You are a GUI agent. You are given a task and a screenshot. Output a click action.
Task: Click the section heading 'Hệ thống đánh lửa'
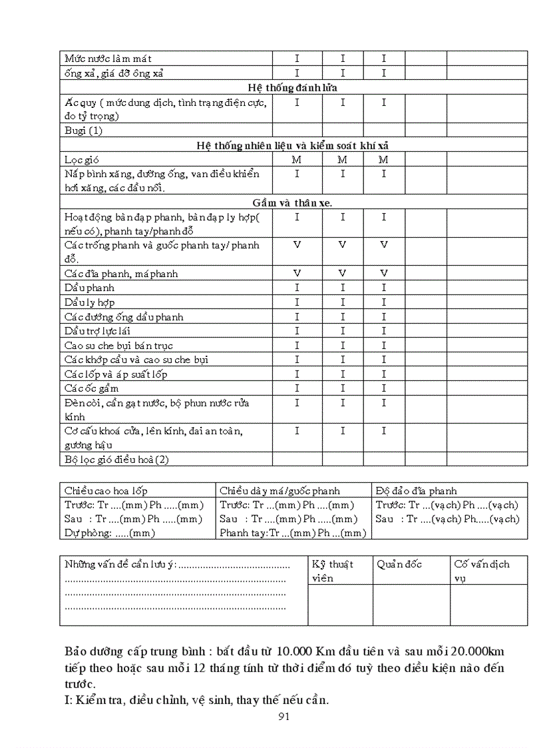[294, 87]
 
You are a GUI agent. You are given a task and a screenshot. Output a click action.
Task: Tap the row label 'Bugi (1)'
[84, 131]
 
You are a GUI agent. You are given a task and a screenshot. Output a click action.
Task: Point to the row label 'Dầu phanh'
[89, 288]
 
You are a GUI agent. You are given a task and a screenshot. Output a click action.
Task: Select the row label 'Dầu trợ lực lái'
[97, 331]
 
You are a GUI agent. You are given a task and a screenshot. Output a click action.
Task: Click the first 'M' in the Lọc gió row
[297, 160]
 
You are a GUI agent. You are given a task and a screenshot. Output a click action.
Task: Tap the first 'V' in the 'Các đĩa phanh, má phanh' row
[297, 273]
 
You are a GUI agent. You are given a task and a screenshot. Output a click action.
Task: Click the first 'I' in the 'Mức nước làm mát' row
[297, 59]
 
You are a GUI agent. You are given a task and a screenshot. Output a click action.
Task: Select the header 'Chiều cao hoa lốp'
[106, 491]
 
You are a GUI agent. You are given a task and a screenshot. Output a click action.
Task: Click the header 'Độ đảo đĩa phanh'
[417, 491]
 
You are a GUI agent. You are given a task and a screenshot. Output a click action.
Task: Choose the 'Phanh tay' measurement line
[293, 533]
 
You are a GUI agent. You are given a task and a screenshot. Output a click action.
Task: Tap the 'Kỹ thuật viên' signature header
[333, 571]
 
